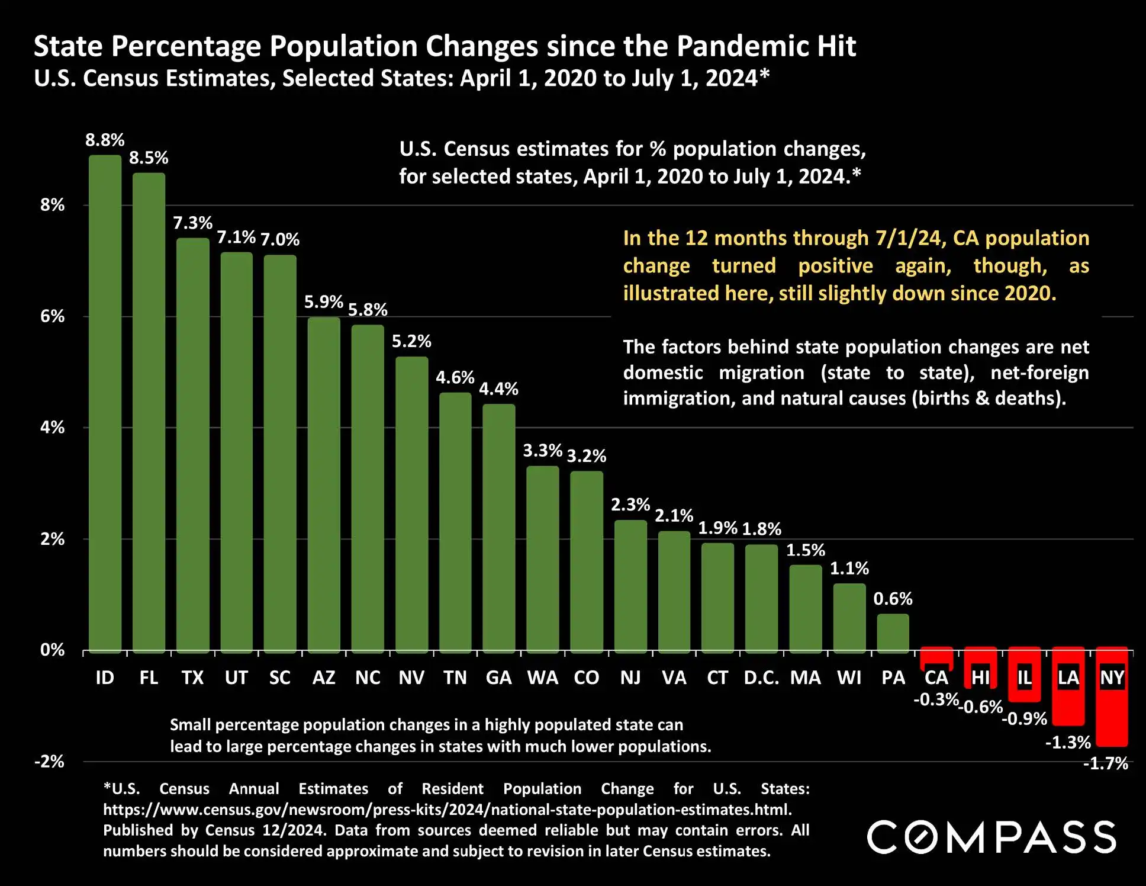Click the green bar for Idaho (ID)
105,403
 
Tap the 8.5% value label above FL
149,158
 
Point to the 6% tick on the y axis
52,316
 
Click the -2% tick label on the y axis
50,761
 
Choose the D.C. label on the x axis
761,678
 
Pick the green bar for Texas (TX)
192,444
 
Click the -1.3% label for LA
1068,742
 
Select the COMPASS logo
992,837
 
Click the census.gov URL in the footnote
447,810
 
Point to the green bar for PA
893,633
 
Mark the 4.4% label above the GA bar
498,389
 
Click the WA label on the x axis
542,678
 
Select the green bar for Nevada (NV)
411,503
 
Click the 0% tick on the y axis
52,650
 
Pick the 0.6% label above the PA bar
893,599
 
